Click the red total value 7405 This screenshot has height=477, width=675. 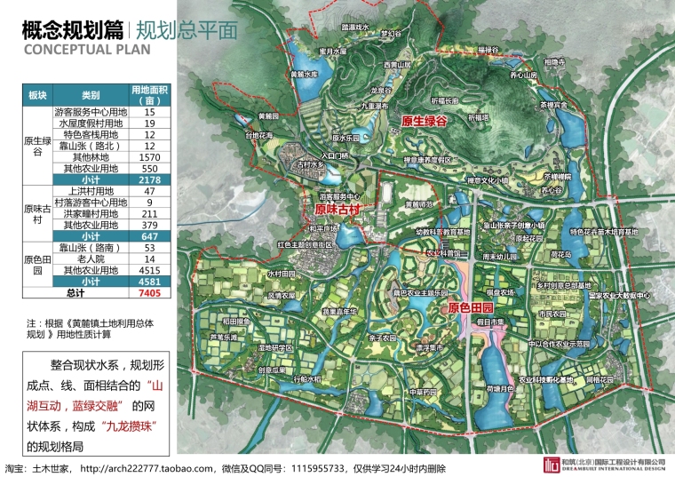(x=149, y=291)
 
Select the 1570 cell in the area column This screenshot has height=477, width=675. (x=149, y=157)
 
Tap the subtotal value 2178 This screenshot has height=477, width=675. (x=149, y=179)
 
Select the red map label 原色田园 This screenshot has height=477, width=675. (x=466, y=308)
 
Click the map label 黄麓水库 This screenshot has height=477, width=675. (x=304, y=75)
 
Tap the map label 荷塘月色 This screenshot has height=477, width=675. (x=502, y=388)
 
